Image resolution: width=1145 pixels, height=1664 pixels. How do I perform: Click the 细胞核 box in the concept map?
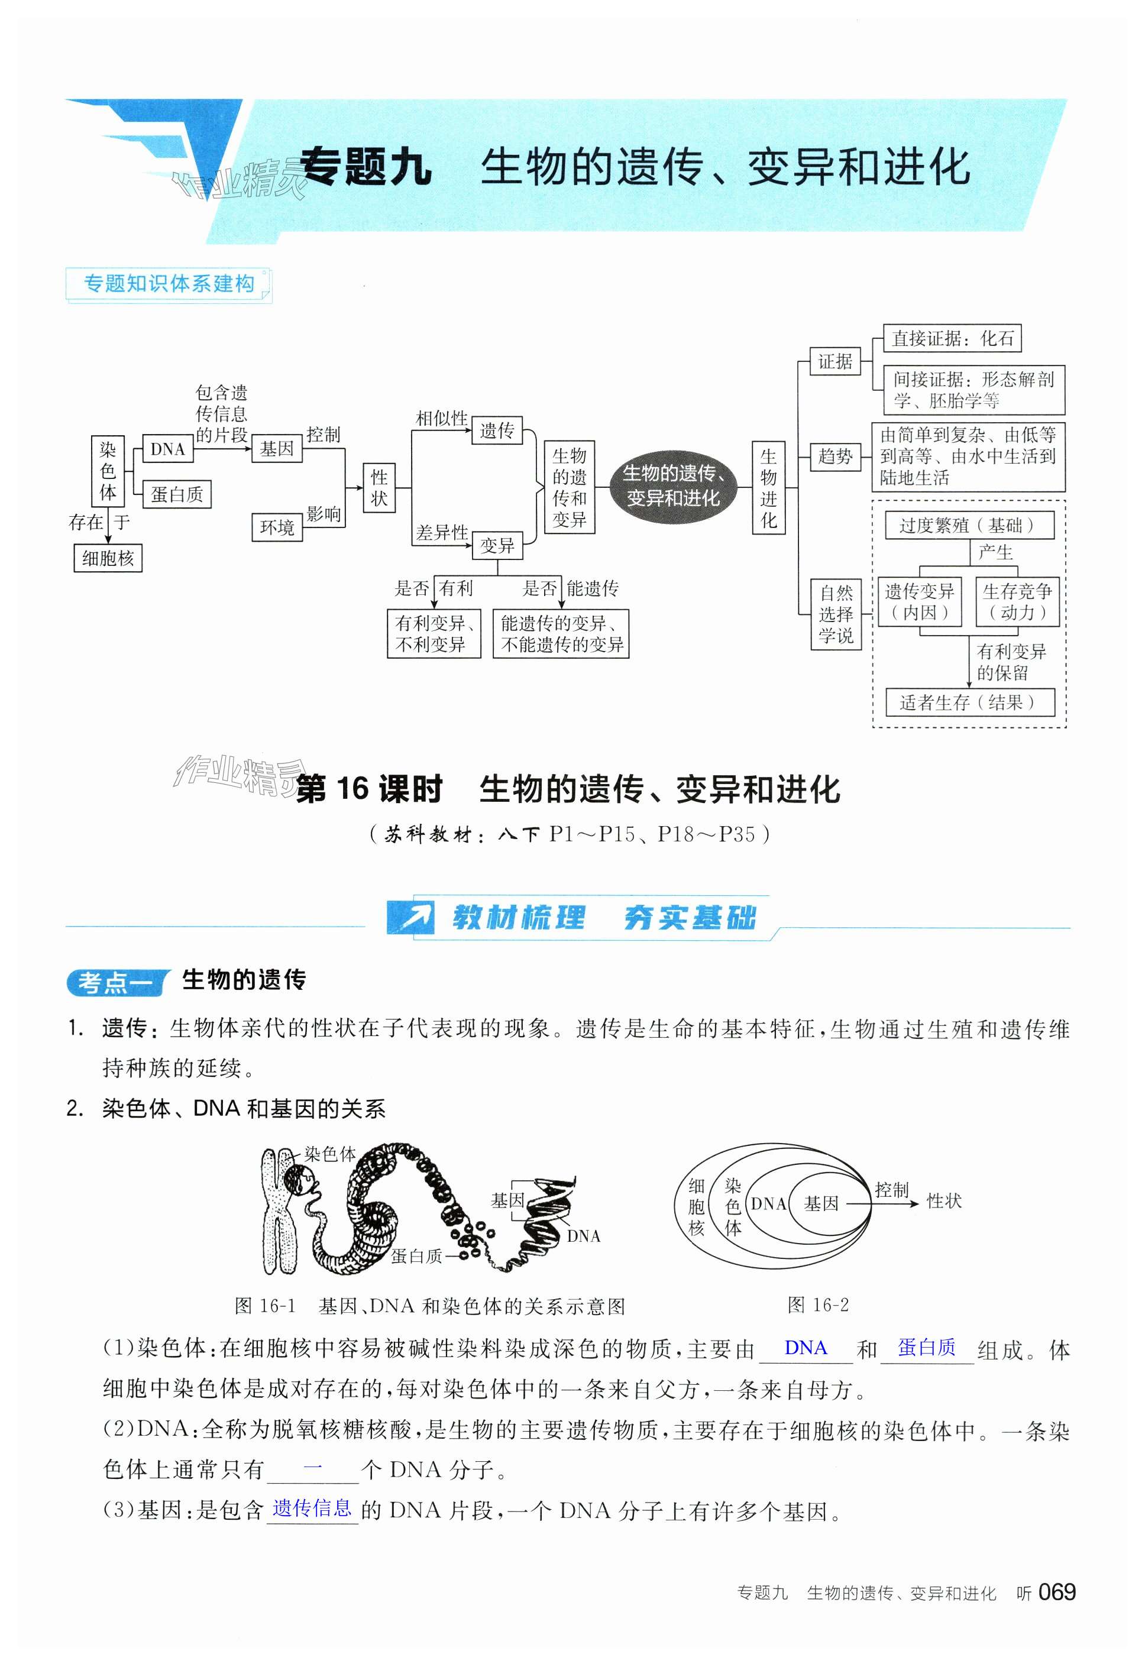click(108, 558)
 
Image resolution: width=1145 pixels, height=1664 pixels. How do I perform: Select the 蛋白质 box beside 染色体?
click(176, 494)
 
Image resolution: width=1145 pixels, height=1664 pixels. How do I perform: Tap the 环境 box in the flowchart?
click(277, 528)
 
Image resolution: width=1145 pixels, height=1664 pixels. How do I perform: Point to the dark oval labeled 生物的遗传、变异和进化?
click(673, 485)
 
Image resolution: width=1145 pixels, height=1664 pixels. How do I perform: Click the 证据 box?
click(835, 361)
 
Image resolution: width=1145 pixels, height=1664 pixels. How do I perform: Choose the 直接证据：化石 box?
click(952, 339)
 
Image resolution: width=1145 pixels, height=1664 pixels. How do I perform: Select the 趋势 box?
click(835, 456)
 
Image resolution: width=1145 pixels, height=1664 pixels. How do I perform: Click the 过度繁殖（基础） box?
click(969, 525)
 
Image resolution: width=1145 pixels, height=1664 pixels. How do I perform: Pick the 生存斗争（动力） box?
click(1017, 602)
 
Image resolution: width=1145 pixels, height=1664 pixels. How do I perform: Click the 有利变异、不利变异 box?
click(434, 633)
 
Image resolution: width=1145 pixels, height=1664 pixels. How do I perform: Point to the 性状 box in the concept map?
click(379, 488)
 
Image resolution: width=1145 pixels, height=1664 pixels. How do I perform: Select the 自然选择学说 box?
click(836, 614)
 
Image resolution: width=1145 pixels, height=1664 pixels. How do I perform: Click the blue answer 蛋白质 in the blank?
click(926, 1348)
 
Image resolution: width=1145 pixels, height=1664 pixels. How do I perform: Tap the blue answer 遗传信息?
click(312, 1508)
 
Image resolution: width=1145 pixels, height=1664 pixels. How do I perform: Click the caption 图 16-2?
click(818, 1304)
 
